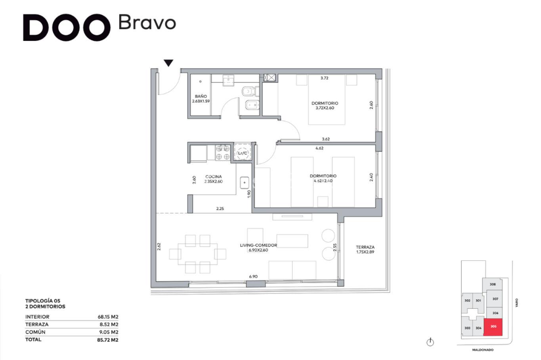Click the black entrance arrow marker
click(x=168, y=63)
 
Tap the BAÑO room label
click(x=201, y=96)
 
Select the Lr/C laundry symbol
click(x=243, y=153)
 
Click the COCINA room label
click(x=214, y=176)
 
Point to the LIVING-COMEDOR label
click(x=258, y=245)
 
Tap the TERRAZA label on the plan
click(x=365, y=247)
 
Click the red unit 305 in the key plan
click(x=493, y=327)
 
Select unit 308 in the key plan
click(x=493, y=284)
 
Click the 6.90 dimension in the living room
click(x=253, y=276)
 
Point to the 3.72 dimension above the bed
click(x=324, y=78)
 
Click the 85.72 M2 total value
click(x=108, y=340)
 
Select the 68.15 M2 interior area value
click(x=108, y=317)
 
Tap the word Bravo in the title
click(x=147, y=22)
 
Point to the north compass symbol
click(x=430, y=342)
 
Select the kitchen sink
click(x=245, y=183)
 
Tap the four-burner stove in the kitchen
click(x=222, y=153)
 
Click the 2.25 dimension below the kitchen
click(x=220, y=209)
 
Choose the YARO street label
click(x=517, y=303)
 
